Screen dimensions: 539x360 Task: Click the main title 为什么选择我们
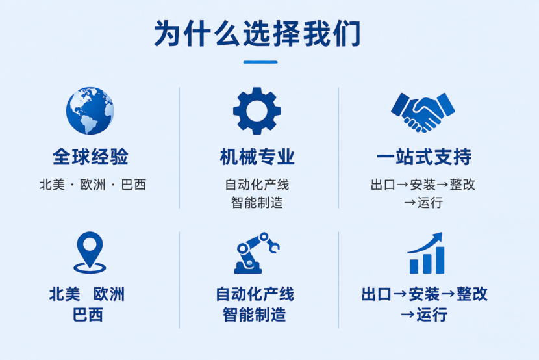tap(257, 33)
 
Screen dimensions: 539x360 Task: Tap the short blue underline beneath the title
tap(260, 62)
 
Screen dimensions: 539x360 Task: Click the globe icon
tap(90, 110)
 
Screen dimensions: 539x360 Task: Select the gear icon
tap(257, 110)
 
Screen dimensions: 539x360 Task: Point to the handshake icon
tap(423, 112)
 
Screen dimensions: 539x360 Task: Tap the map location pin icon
tap(90, 252)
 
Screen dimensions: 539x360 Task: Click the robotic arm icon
tap(257, 253)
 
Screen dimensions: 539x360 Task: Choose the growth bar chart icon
tap(426, 253)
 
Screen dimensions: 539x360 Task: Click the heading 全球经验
tap(90, 157)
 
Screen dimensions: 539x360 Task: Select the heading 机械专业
tap(257, 157)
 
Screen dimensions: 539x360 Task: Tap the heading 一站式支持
tap(424, 157)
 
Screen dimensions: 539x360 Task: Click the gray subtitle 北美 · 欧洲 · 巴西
tap(93, 185)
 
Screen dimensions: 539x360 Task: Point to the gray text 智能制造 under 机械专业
tap(257, 203)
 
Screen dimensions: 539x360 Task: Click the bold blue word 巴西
tap(88, 315)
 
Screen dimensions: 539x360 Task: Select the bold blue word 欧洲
tap(109, 294)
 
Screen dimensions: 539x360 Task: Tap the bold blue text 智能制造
tap(255, 315)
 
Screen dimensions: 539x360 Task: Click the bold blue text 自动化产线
tap(255, 294)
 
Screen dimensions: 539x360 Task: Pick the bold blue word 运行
tap(432, 315)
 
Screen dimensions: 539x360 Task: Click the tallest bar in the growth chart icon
tap(440, 261)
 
